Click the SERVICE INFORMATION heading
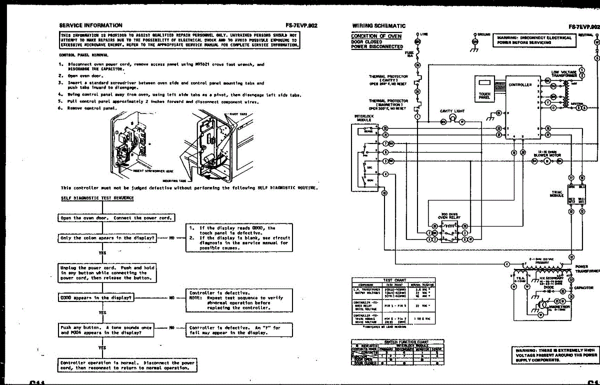click(x=90, y=25)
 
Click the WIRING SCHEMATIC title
click(x=379, y=25)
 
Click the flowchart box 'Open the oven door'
click(x=116, y=218)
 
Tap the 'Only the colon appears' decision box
click(x=108, y=238)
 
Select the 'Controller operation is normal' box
click(x=127, y=365)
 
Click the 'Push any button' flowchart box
click(x=107, y=330)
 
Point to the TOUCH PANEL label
click(x=484, y=95)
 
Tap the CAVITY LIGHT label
click(x=452, y=111)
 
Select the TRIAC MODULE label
click(x=557, y=193)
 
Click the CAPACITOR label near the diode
click(x=583, y=288)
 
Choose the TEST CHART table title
click(x=394, y=280)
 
